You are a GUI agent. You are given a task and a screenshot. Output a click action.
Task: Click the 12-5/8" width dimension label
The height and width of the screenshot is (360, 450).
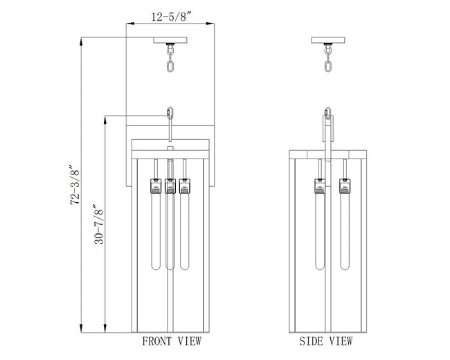[x=171, y=17]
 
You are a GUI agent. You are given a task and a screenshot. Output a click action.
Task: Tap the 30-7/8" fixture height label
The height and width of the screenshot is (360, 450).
[x=99, y=224]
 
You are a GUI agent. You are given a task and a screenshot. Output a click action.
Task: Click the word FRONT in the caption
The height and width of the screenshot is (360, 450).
[x=157, y=341]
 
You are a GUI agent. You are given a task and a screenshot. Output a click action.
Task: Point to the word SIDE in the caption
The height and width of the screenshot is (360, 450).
[x=312, y=341]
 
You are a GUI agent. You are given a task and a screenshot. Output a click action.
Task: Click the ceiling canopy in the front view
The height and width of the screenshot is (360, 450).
[x=170, y=40]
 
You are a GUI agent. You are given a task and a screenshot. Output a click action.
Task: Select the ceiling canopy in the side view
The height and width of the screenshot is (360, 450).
[x=327, y=40]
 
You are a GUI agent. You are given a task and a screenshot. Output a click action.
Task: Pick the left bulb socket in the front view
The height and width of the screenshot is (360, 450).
[x=156, y=186]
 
